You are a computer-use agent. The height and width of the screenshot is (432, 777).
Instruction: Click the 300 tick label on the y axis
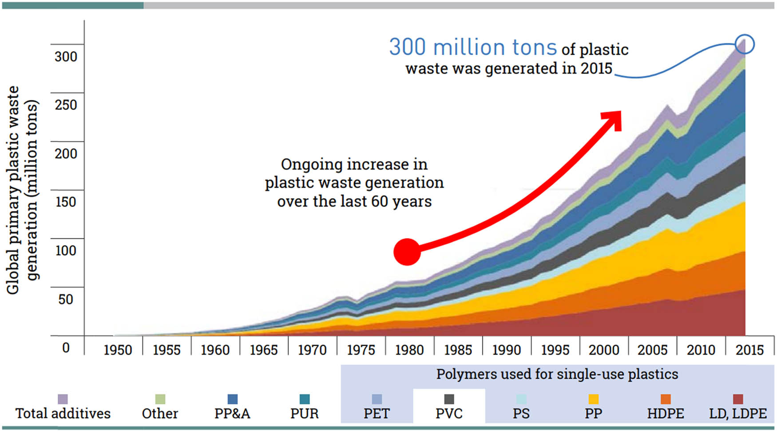pos(66,56)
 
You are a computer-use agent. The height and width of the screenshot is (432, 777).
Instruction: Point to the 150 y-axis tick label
pos(66,202)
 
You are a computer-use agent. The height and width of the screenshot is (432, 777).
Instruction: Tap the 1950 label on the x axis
pos(118,350)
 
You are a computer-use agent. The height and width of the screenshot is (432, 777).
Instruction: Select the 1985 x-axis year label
pos(458,350)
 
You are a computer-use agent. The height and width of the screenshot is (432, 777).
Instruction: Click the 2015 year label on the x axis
pos(749,350)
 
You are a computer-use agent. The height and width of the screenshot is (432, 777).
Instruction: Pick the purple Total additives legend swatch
pos(63,399)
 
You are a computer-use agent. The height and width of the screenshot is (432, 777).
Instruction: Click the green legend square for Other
pos(160,399)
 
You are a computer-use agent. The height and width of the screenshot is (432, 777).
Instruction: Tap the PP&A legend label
pos(232,414)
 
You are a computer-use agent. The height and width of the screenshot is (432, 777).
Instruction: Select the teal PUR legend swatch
pos(305,399)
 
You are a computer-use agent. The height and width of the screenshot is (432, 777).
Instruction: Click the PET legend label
pos(377,414)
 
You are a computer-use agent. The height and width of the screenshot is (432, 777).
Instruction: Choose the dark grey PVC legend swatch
pos(449,399)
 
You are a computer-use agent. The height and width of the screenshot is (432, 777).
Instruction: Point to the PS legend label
pos(521,414)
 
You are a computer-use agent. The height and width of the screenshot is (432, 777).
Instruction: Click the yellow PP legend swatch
pos(593,399)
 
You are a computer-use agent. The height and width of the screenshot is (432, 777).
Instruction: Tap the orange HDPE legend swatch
pos(666,399)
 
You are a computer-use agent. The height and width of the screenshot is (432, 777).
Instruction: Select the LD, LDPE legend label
pos(738,414)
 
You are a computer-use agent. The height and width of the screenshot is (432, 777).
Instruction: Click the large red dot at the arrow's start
pos(407,252)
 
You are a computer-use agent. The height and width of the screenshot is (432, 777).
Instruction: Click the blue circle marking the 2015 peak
pos(745,44)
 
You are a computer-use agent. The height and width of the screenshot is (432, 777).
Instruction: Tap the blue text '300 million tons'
pos(473,47)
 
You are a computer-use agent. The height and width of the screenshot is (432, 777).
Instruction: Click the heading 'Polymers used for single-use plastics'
pos(557,374)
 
